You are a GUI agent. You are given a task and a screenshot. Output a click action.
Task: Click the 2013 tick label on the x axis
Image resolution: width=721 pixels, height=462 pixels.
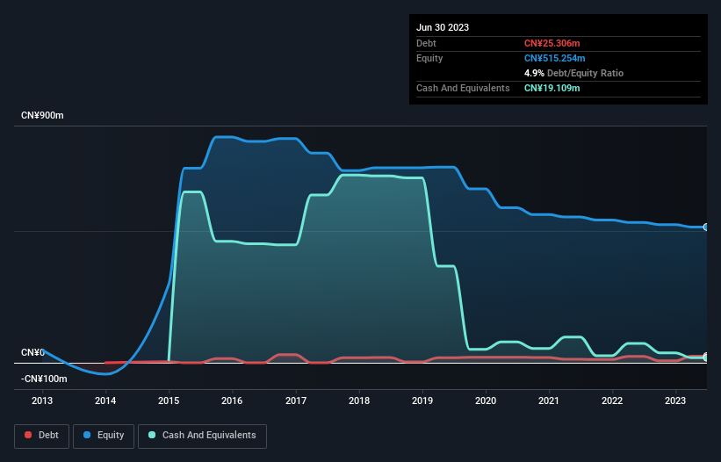(42, 401)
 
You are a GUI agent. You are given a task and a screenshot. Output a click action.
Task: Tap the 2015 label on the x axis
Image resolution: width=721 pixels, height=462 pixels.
(169, 401)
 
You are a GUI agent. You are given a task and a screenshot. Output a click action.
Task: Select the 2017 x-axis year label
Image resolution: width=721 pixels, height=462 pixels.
(296, 401)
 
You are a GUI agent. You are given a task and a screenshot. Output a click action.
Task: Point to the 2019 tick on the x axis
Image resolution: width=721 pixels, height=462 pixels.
(422, 401)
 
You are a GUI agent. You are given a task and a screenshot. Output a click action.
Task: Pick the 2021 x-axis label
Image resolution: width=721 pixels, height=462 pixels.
(549, 401)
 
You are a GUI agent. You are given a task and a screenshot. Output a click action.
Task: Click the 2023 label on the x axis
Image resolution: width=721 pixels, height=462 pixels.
(676, 401)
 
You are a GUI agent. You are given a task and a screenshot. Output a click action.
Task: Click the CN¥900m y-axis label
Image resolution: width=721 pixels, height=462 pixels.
(43, 116)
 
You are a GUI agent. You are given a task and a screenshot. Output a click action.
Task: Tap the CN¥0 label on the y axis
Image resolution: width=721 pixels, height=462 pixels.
(32, 352)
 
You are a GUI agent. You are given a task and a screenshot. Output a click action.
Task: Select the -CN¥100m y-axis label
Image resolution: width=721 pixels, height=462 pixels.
(44, 379)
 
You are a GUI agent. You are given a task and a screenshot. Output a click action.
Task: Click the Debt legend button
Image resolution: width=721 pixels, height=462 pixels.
(42, 436)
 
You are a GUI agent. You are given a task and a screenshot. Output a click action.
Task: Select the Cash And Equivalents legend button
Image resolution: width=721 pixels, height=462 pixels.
(202, 436)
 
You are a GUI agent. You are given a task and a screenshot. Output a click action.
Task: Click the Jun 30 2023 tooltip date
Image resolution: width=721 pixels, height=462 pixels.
(443, 27)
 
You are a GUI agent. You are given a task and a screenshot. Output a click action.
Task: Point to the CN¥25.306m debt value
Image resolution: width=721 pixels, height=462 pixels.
(552, 43)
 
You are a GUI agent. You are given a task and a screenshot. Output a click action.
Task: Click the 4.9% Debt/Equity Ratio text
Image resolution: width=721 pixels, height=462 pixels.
(573, 73)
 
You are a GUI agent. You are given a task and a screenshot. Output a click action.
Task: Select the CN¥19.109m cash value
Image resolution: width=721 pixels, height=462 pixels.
(552, 88)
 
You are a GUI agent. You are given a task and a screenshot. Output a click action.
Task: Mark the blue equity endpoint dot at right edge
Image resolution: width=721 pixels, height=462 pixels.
(706, 227)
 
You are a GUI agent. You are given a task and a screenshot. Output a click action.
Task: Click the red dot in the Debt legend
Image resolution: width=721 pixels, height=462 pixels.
(29, 436)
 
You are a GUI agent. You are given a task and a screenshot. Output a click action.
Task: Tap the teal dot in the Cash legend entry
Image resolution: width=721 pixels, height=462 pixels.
(152, 436)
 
